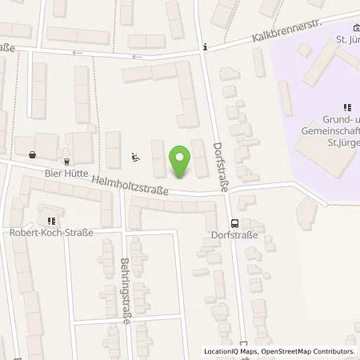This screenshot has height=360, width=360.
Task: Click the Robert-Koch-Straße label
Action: point(57,233)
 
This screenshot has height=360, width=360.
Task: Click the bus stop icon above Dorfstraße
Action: point(234,223)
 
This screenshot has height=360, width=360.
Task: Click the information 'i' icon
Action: point(206,47)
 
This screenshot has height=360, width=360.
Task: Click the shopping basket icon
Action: point(31,155)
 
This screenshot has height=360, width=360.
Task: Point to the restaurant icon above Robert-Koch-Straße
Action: point(51,221)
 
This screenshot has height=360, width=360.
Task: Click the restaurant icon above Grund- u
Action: point(347,106)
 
